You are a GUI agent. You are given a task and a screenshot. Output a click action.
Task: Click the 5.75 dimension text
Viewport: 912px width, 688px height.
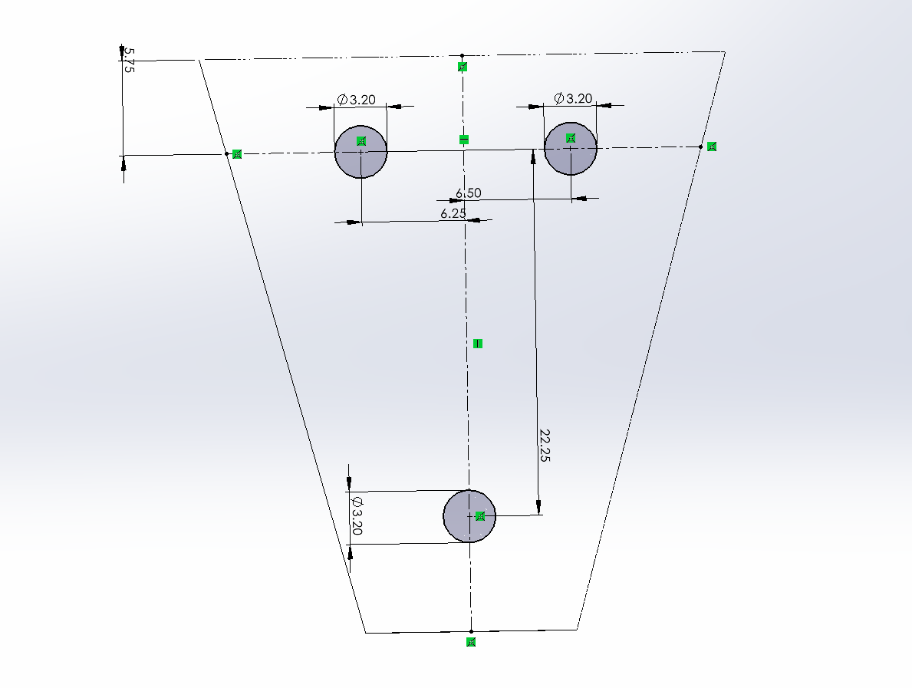[x=130, y=61]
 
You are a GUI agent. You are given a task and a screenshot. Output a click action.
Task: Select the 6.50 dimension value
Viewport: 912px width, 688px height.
[x=468, y=193]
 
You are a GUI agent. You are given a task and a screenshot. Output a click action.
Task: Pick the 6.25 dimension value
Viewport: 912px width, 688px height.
[x=453, y=214]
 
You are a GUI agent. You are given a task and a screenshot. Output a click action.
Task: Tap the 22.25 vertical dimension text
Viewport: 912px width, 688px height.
[x=545, y=445]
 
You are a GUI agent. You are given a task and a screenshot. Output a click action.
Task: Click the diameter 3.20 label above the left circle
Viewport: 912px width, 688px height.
[x=357, y=100]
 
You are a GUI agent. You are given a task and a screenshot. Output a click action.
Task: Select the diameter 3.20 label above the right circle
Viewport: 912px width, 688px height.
[x=574, y=98]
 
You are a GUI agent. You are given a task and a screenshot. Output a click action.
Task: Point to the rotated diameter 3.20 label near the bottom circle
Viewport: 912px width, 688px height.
[x=357, y=515]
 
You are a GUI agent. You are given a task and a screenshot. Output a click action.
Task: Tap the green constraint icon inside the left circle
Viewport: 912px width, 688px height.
[x=362, y=140]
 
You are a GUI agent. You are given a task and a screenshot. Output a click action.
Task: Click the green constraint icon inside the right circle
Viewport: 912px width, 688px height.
[x=571, y=137]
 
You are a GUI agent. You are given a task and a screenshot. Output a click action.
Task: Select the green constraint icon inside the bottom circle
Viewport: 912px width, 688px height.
[x=480, y=516]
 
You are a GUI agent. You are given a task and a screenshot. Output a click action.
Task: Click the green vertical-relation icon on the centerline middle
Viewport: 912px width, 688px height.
[x=478, y=343]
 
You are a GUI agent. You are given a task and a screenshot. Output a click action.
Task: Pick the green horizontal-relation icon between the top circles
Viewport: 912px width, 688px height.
[x=464, y=139]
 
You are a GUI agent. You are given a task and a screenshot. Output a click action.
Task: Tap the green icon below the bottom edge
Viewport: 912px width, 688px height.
[x=472, y=642]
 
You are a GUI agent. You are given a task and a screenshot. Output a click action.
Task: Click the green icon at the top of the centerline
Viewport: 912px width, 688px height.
[x=463, y=67]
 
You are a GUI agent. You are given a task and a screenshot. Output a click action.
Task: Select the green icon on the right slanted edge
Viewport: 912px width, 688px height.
[x=712, y=146]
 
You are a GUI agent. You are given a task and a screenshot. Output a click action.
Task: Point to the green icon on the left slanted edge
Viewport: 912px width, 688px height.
[x=237, y=154]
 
